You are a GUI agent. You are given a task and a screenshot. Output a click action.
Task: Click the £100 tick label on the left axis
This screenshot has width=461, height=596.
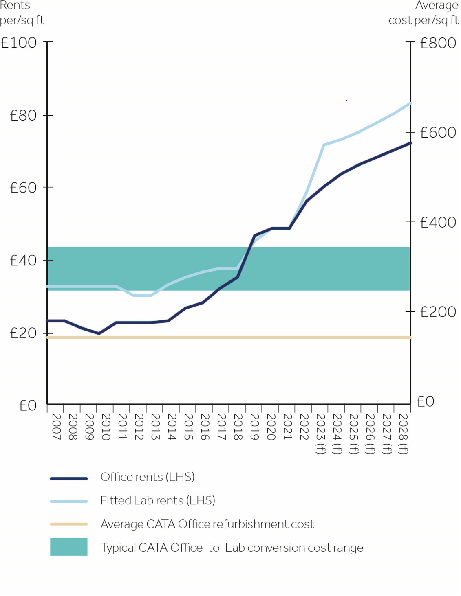tap(19, 43)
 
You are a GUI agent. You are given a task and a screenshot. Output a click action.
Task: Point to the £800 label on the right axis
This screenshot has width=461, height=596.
tap(438, 43)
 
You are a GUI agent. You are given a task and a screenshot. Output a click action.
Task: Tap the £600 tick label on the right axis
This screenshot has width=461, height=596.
tap(438, 133)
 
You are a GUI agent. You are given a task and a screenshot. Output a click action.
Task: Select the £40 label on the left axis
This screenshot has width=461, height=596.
tap(23, 261)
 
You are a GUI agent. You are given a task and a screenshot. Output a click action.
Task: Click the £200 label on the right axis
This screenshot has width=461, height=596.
tap(438, 312)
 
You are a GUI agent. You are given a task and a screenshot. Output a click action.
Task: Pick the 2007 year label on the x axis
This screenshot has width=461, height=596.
tap(56, 427)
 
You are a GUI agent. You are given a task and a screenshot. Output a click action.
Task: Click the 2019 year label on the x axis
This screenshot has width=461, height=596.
tap(254, 427)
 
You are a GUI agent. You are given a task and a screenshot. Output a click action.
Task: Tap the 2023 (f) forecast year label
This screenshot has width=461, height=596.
tap(320, 434)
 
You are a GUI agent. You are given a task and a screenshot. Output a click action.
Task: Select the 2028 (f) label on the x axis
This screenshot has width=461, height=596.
tap(403, 434)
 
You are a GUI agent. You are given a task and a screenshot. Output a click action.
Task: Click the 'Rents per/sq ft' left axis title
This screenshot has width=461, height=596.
tap(22, 13)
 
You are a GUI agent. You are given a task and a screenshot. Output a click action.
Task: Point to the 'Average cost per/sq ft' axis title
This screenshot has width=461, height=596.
tap(424, 13)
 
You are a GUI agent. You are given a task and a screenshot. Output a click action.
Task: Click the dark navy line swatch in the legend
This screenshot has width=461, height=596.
tap(68, 478)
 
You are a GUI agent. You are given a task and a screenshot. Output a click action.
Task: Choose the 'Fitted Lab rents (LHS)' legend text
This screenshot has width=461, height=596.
tap(158, 500)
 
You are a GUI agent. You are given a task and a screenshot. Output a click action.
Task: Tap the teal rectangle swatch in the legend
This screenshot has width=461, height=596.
tap(68, 547)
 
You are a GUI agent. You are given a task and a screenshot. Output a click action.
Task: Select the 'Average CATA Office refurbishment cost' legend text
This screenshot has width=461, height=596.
tap(207, 524)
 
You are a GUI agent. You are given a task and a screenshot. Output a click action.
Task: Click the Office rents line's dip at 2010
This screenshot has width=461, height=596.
tap(99, 333)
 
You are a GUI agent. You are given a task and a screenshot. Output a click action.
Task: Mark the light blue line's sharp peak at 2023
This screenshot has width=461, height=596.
tap(324, 145)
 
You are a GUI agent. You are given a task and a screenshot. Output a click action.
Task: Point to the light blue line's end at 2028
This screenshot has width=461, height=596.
tap(410, 103)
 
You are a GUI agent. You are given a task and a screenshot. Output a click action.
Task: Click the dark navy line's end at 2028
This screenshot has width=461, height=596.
tap(410, 143)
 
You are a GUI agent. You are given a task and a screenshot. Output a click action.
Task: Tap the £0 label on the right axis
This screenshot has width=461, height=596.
tap(426, 402)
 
